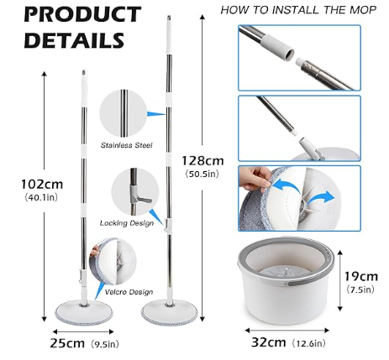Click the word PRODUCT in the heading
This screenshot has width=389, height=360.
(82, 14)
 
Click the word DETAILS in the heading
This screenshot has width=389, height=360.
(74, 40)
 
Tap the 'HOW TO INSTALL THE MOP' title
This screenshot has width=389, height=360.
(298, 10)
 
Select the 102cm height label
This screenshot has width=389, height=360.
(42, 185)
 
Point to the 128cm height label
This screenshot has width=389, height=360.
(203, 161)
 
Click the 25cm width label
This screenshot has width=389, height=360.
(67, 343)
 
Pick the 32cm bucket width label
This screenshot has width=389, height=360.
(269, 342)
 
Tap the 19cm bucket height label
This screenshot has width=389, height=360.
(361, 276)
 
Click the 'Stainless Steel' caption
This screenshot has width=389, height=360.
(127, 145)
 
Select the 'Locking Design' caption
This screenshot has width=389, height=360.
(127, 223)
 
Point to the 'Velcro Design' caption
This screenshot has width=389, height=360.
(129, 292)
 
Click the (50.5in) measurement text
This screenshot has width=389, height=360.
(202, 174)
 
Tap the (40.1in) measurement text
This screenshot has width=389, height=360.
(41, 197)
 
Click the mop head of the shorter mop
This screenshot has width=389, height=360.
(84, 312)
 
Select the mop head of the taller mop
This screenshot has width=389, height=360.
(170, 311)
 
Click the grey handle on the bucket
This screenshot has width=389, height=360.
(309, 282)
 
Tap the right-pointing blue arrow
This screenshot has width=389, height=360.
(321, 199)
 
